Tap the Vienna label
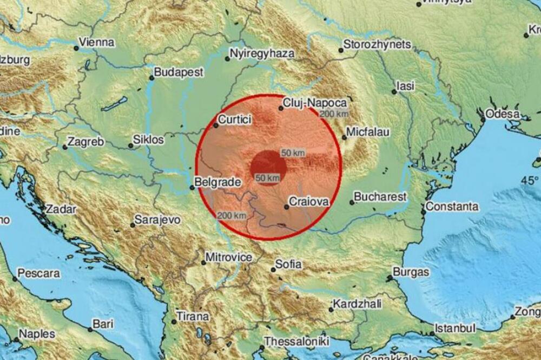(x=96, y=42)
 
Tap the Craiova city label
(x=309, y=201)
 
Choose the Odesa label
(x=503, y=114)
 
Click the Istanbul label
(x=456, y=328)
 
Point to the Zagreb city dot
(x=64, y=146)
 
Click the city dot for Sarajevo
(x=133, y=224)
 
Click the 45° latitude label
(x=530, y=179)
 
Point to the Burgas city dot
(x=389, y=278)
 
